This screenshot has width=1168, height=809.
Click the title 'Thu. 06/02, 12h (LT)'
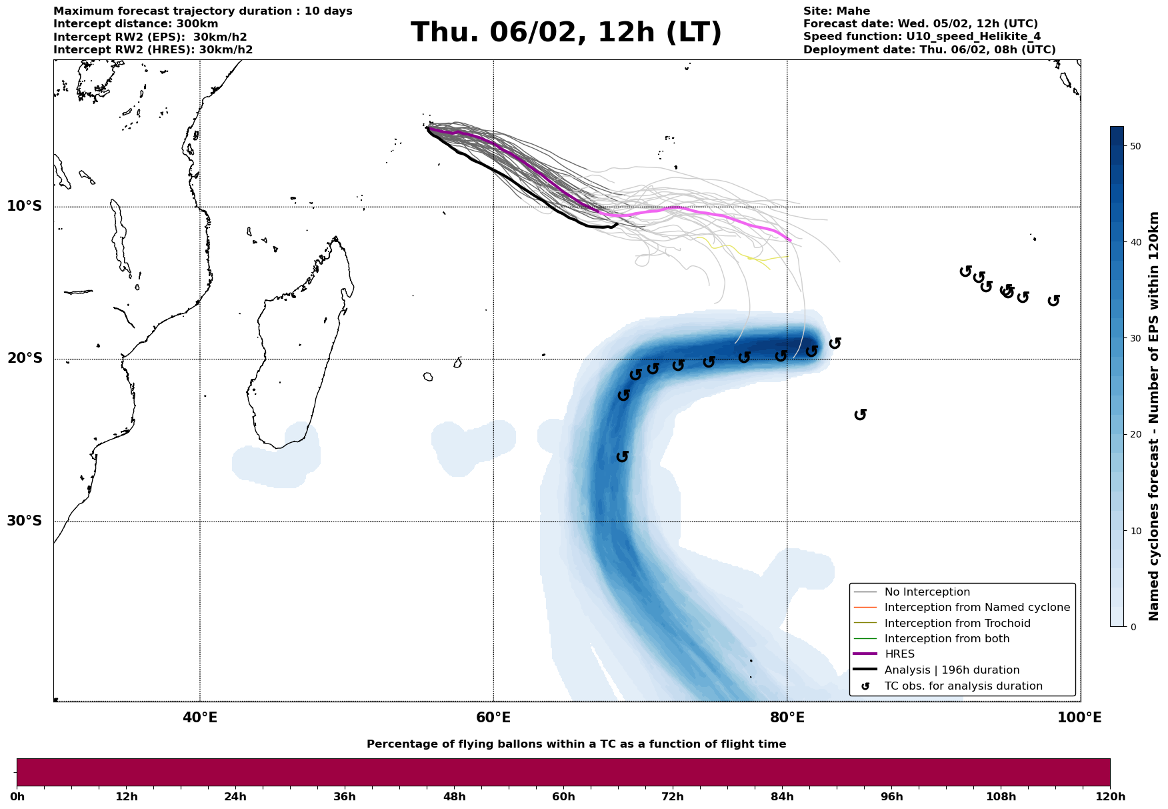(566, 33)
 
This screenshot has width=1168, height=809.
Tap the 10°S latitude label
(25, 206)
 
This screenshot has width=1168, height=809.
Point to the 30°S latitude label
(25, 521)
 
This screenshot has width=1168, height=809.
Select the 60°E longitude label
(493, 718)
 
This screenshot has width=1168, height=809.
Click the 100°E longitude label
(1080, 718)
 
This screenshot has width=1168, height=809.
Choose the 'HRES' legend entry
(899, 654)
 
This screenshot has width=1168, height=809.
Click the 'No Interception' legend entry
(927, 592)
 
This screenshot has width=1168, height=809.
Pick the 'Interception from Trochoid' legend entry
(957, 624)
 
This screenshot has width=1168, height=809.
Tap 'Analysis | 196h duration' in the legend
(951, 670)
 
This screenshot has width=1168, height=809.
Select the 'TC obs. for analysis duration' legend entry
(963, 686)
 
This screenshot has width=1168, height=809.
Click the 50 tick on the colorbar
(1136, 146)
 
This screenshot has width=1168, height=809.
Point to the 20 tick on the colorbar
(1136, 434)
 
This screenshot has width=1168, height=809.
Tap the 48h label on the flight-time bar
(454, 797)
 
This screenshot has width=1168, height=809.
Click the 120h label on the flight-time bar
(1109, 797)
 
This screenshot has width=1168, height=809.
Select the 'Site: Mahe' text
(836, 11)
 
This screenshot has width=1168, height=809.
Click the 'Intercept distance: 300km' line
(135, 24)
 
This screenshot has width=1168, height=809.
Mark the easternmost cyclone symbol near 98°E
(1053, 301)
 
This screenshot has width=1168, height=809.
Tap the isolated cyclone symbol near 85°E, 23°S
(860, 415)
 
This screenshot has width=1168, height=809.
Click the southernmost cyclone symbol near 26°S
(622, 457)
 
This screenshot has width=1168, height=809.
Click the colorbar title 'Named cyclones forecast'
(1154, 416)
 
